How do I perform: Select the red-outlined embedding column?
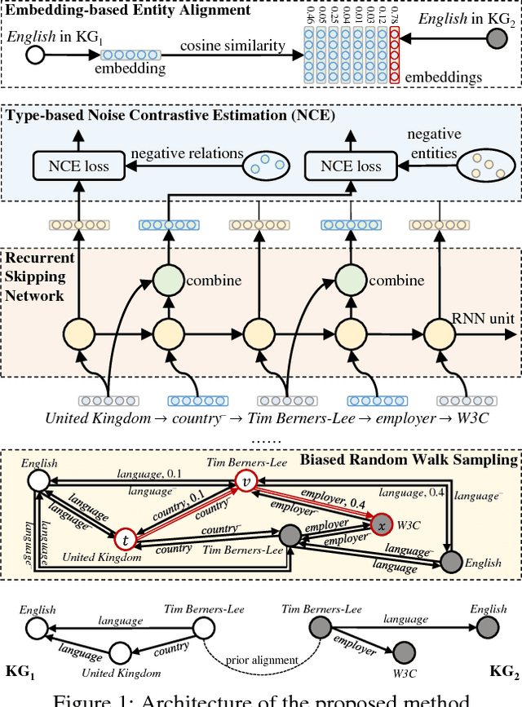coord(395,55)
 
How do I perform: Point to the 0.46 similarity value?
coord(308,16)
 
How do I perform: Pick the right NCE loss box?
coord(351,166)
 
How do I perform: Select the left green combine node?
coord(168,281)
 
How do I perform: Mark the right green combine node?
coord(348,281)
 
